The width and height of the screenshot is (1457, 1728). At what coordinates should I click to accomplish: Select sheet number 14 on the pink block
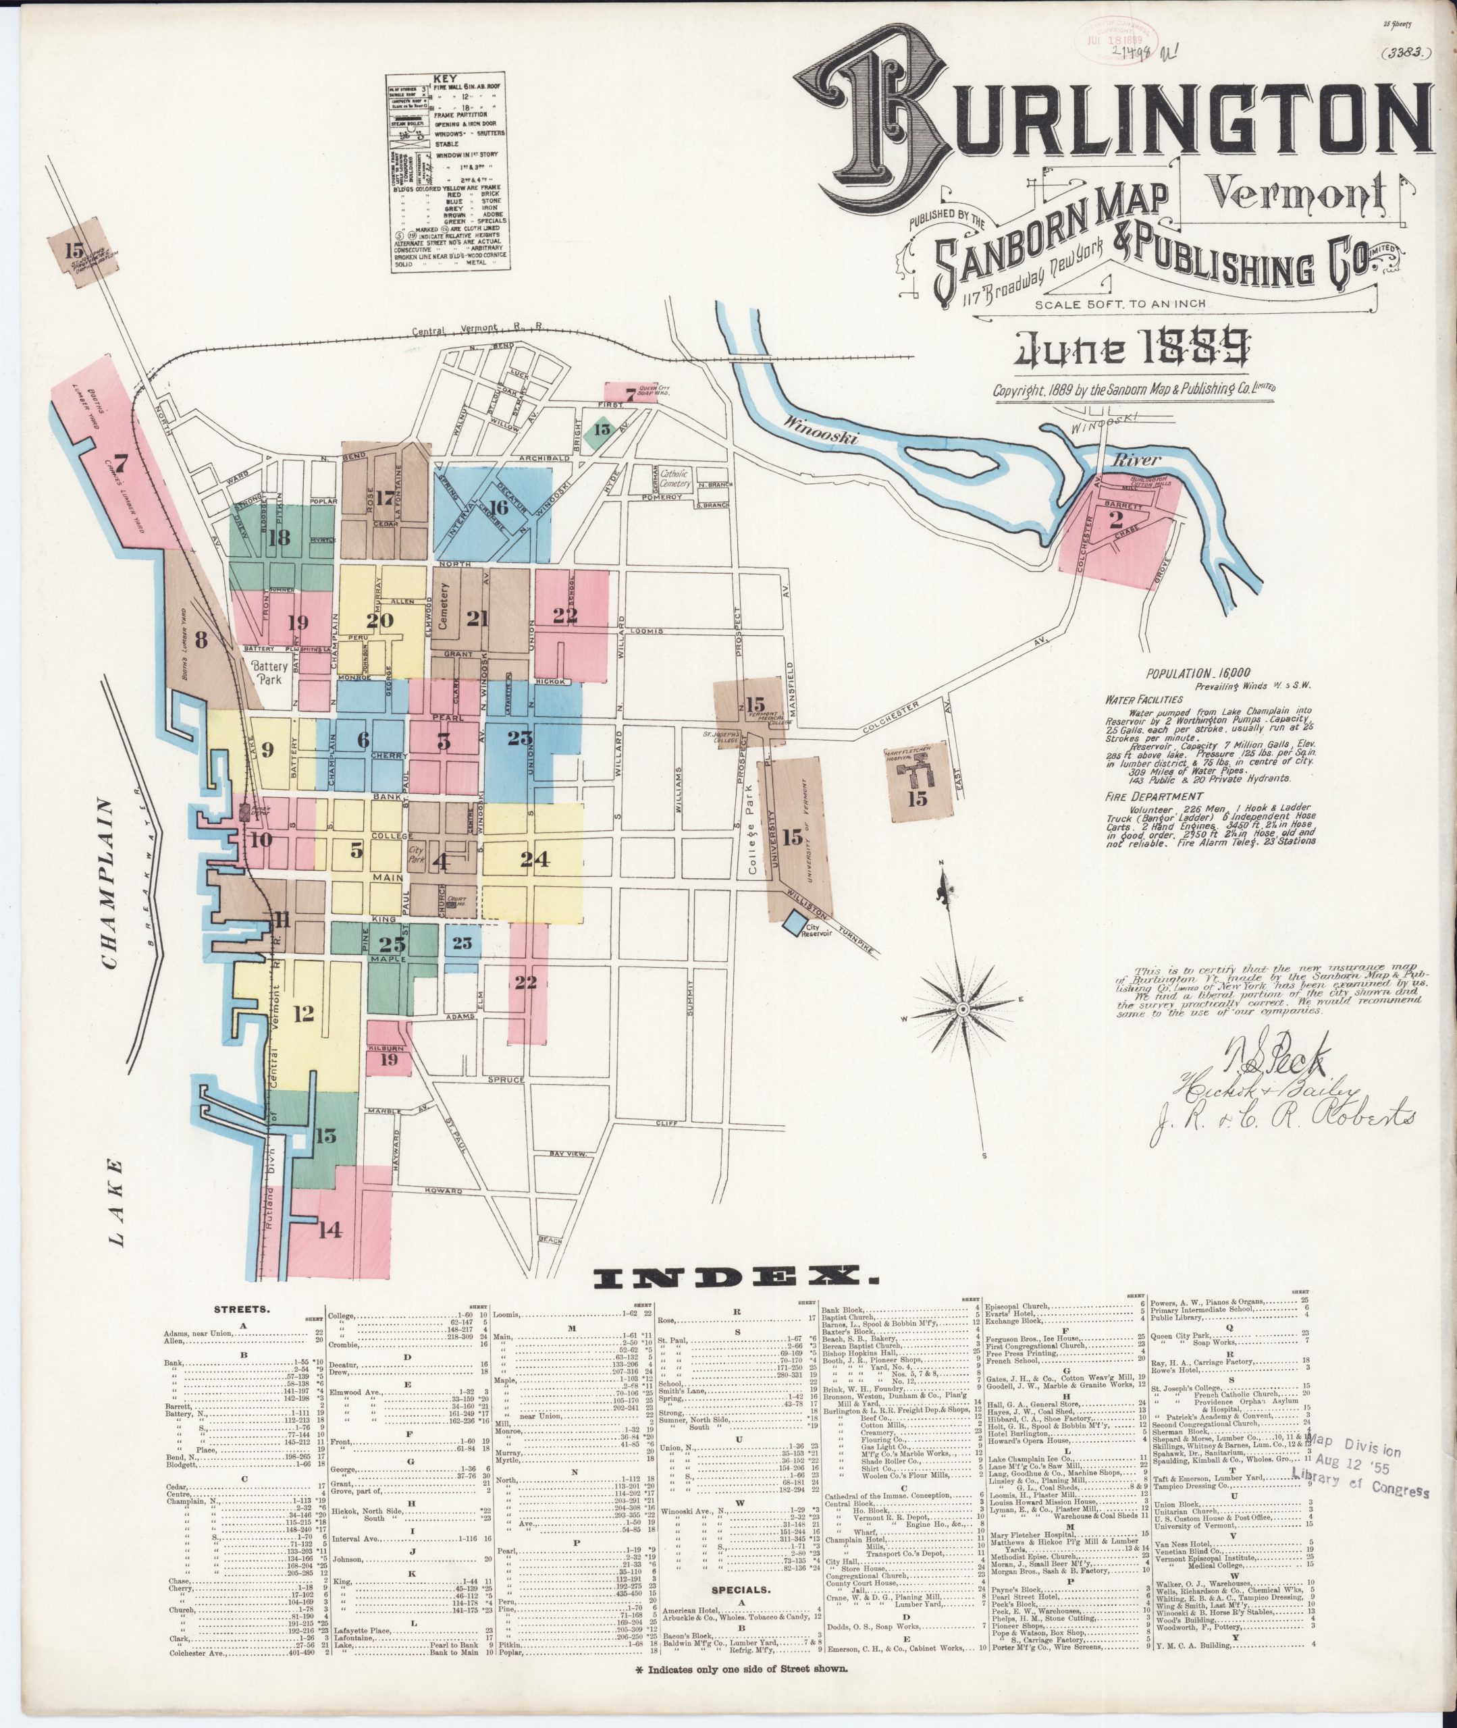coord(329,1230)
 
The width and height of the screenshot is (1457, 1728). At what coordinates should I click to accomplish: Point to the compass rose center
coord(963,1009)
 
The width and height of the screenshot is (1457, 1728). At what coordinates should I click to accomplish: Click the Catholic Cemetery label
coord(674,478)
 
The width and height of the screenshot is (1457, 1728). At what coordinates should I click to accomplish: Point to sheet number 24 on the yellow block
coord(535,859)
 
